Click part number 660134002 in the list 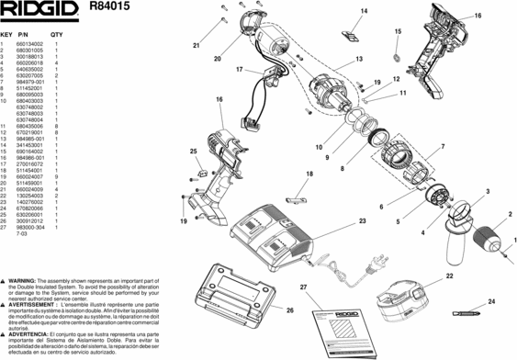pos(28,45)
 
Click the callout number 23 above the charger pos(362,222)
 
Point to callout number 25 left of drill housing pos(193,151)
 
